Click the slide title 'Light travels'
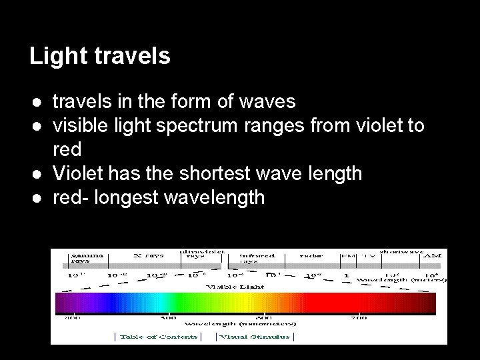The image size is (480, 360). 100,57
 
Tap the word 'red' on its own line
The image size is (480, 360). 67,149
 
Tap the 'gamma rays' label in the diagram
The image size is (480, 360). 83,257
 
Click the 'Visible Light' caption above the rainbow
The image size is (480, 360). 235,287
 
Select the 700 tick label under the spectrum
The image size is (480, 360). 358,318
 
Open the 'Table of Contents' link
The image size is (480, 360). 158,337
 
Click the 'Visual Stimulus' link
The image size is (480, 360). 255,337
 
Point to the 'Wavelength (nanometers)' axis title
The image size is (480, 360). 240,323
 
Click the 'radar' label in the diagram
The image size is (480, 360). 311,255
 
